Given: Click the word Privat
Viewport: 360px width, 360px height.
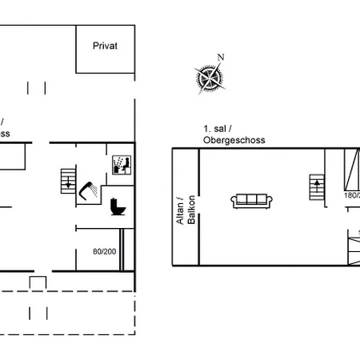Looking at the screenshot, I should [105, 46].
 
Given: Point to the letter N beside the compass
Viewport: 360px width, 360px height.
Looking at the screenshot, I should [222, 57].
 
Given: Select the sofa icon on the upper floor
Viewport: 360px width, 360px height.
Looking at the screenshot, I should [252, 200].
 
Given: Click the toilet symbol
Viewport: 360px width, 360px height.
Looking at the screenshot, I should [118, 207].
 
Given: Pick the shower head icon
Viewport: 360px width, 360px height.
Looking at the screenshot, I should [90, 189].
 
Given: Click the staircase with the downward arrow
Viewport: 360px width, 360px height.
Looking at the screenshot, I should [69, 180].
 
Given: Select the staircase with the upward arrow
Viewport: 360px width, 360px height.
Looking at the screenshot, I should [318, 190].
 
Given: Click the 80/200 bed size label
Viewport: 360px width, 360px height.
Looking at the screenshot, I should [104, 251].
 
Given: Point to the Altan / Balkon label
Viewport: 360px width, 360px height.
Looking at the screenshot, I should [186, 210].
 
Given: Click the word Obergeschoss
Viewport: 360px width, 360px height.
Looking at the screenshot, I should [234, 140].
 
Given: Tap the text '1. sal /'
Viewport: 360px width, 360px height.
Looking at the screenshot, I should [218, 129].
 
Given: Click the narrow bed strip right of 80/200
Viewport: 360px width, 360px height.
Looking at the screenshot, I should [122, 251].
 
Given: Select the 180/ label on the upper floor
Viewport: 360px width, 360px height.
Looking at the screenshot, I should [351, 194].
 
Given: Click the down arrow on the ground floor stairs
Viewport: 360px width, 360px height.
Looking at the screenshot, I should [69, 185].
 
